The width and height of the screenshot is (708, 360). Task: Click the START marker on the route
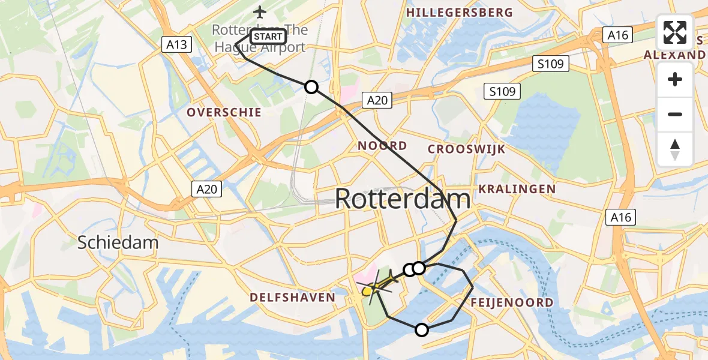coord(268,36)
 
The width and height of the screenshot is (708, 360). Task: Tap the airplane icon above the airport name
coord(259,12)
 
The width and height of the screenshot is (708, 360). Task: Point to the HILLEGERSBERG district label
coord(460,13)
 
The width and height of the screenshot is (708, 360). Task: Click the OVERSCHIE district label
coord(224,112)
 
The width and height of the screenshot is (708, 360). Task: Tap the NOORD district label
coord(382,145)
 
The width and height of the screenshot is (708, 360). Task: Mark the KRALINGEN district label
coord(517,189)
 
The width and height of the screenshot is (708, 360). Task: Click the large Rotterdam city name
coord(402,199)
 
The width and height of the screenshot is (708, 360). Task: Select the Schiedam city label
coord(118,242)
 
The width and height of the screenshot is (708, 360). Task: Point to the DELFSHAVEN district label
coord(292,297)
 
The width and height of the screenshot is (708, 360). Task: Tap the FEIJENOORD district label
coord(512,302)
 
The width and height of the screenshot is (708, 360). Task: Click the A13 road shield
coord(176,44)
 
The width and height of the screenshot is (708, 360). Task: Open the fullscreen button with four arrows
coord(675,32)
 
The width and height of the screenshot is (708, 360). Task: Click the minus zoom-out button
coord(675,114)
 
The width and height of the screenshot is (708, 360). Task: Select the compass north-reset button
coord(675,149)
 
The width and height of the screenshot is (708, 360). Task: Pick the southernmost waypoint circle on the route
coord(422,329)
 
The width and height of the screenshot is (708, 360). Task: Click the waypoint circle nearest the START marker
coord(311,87)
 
